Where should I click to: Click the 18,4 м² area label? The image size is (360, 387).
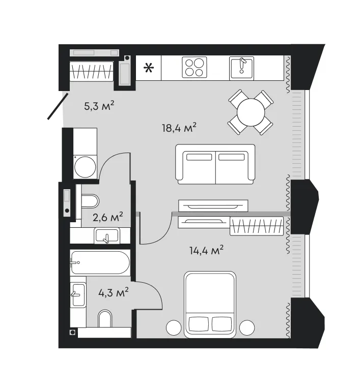point(179,128)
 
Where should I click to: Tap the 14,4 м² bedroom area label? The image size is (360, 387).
point(207,250)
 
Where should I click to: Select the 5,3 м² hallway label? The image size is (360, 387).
point(99,106)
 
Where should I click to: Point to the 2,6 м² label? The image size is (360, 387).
point(108,217)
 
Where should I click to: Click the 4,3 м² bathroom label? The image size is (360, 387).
point(114,292)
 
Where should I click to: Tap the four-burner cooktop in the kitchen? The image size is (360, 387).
point(195,67)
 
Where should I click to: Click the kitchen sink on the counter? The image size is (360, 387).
point(241,68)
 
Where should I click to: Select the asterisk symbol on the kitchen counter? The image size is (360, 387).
point(149,68)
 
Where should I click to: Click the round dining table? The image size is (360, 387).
point(251,112)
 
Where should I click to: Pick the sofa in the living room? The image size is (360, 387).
point(215,164)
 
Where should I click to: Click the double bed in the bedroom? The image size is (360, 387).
point(210,305)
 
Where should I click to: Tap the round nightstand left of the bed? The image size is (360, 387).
point(174,328)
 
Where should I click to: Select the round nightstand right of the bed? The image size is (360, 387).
point(247,328)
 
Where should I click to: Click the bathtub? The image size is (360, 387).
point(100,262)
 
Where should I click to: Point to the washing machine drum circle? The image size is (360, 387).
point(85,167)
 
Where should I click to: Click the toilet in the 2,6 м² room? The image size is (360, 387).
point(90,201)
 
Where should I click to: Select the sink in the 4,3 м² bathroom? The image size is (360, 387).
point(78,295)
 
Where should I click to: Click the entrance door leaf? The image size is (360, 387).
point(58,106)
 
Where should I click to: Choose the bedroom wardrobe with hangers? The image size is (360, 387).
point(257,226)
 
